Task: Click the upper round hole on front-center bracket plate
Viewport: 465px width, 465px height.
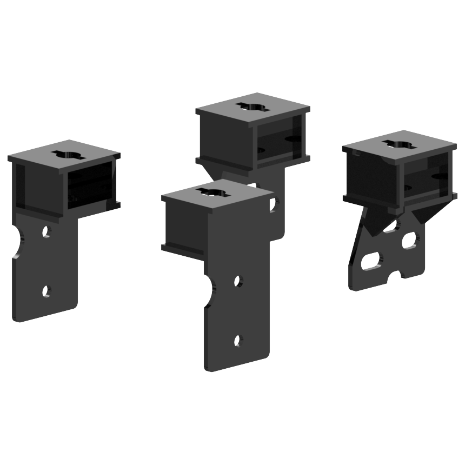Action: tap(237, 281)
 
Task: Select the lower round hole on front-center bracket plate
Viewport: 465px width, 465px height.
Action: tap(238, 340)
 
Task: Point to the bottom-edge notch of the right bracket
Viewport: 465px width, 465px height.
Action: tap(400, 275)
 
